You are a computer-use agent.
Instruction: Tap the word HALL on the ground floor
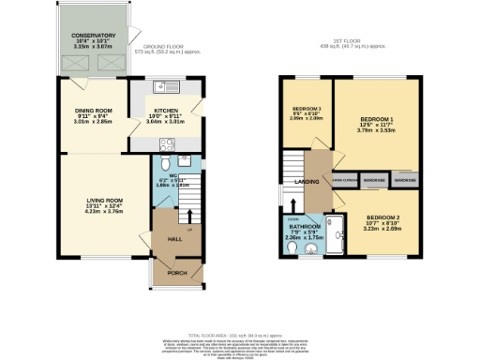click(173, 239)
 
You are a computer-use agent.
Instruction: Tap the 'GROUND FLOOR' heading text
click(165, 45)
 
